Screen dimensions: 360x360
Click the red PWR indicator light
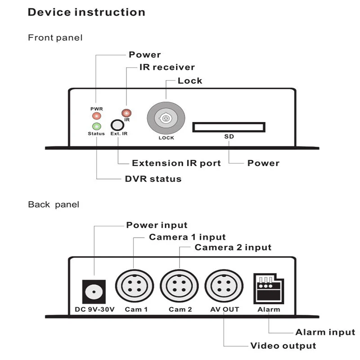tap(96, 116)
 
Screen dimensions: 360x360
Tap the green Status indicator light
tap(96, 126)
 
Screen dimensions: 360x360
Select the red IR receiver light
tap(127, 113)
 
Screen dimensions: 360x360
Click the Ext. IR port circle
tap(117, 125)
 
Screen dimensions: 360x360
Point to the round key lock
tap(166, 118)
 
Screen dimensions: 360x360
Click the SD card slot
tap(229, 127)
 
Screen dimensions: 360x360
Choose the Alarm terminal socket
tap(269, 288)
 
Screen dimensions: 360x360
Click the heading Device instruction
tap(86, 12)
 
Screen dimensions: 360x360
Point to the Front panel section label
tap(55, 37)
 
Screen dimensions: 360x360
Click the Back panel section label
tap(54, 204)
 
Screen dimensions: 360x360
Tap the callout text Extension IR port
tap(176, 163)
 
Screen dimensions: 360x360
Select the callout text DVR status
tap(153, 179)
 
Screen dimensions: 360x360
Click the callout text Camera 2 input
tap(233, 247)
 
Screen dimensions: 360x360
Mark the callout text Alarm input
tap(325, 333)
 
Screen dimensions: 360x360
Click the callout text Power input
tap(157, 225)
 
